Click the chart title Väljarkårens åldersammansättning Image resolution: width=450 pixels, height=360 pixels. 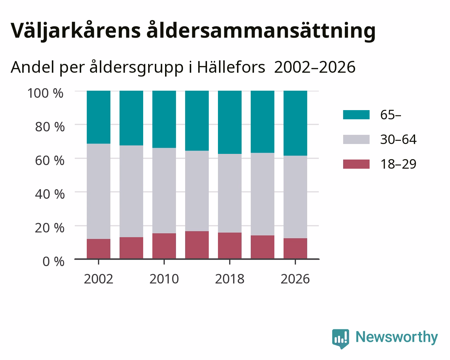coord(193,31)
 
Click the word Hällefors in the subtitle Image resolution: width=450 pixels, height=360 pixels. coord(231,67)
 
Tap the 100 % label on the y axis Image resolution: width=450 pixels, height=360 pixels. coord(45,93)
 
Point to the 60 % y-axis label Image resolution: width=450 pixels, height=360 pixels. coord(50,161)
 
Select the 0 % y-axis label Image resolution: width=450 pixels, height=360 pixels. coord(53,262)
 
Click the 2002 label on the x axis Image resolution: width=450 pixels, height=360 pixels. coord(98,279)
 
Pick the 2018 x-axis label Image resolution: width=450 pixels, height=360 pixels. coord(230,279)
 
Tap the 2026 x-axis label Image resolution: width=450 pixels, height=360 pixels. coord(295,279)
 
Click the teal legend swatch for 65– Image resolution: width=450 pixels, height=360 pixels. coord(356,115)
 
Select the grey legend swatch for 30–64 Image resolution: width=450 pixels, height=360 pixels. coord(356,139)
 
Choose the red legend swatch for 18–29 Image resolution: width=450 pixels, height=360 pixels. coord(356,164)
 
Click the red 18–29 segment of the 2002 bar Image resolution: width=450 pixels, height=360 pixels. coord(98,249)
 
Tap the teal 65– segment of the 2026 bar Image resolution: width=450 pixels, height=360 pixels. coord(295,123)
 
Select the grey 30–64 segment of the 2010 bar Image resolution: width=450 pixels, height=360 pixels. coord(164,191)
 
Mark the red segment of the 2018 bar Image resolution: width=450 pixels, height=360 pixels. coord(230,246)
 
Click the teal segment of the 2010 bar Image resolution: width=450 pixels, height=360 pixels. coord(164,119)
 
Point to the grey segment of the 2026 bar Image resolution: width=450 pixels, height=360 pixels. coord(295,197)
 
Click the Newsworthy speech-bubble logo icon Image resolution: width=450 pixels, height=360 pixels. coord(340,338)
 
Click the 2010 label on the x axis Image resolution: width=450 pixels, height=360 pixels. coord(164,279)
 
